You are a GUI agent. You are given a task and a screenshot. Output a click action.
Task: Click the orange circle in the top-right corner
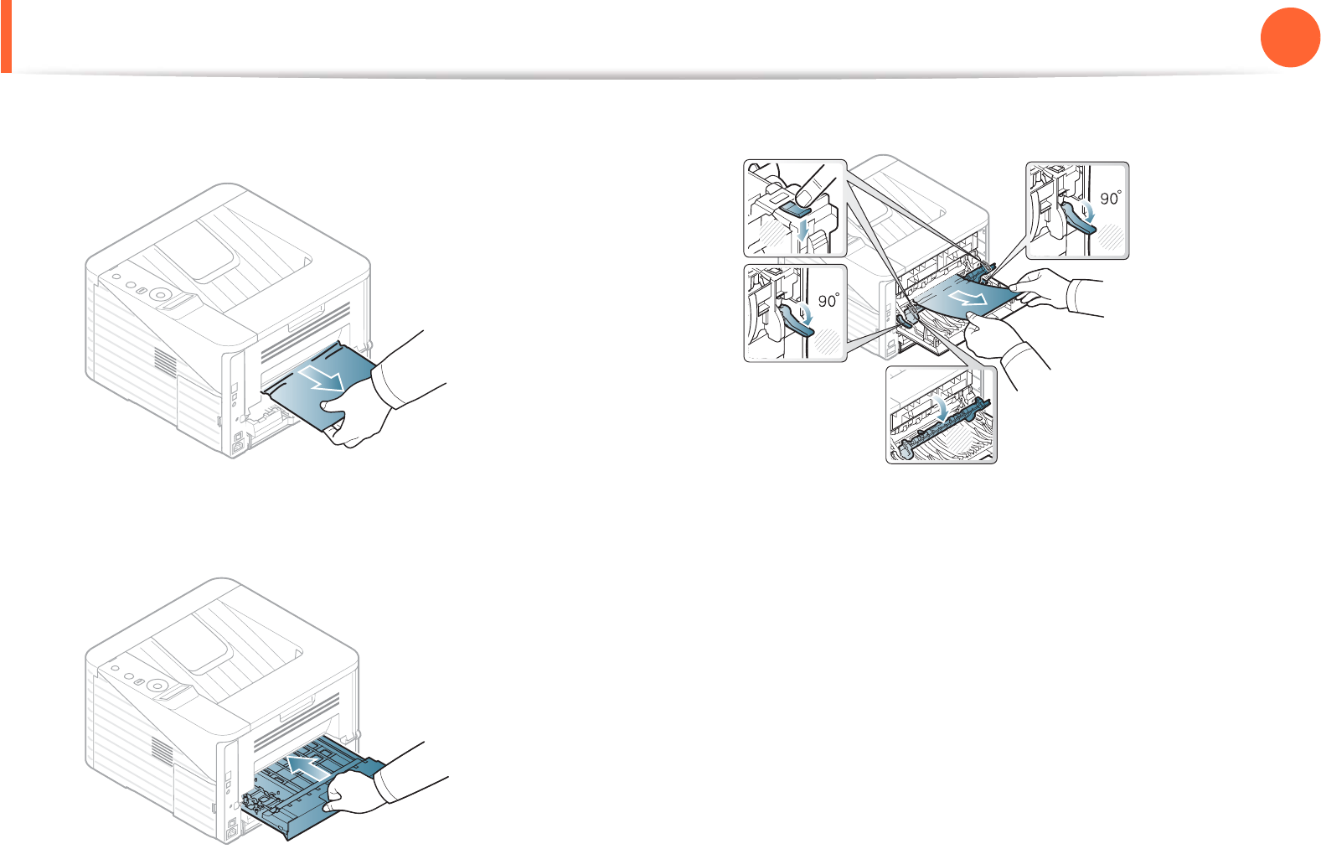1290,38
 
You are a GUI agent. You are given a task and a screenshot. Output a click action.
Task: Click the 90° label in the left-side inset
828,301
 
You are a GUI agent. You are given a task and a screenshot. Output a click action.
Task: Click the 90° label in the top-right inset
1111,198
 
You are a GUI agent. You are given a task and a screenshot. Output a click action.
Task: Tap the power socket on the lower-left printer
235,831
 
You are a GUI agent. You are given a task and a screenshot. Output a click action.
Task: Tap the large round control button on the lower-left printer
156,686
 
